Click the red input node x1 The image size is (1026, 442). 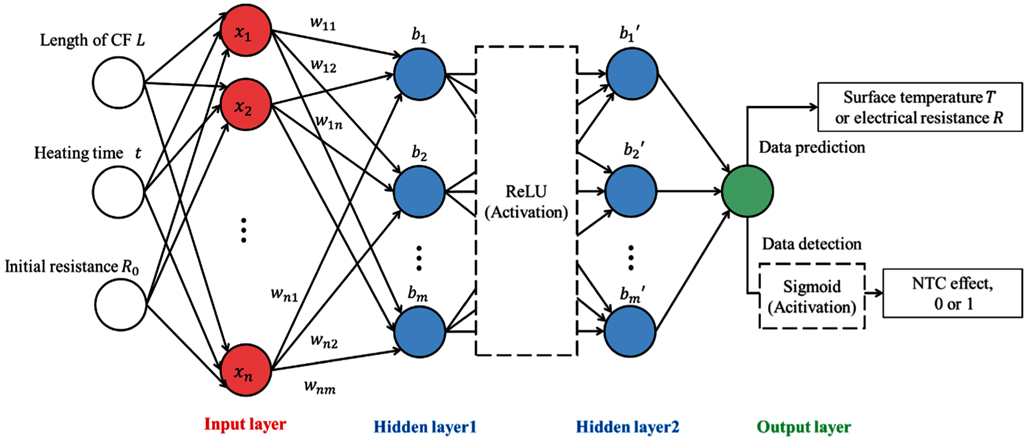pyautogui.click(x=245, y=31)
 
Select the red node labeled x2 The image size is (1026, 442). pyautogui.click(x=245, y=105)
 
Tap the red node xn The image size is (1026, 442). pyautogui.click(x=245, y=370)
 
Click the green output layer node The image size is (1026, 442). pyautogui.click(x=747, y=191)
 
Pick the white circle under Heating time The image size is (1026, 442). pyautogui.click(x=118, y=192)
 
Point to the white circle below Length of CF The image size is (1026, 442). pyautogui.click(x=118, y=83)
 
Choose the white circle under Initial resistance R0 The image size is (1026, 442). pyautogui.click(x=120, y=305)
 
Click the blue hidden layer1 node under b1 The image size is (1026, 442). pyautogui.click(x=419, y=74)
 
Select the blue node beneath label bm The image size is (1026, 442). pyautogui.click(x=419, y=332)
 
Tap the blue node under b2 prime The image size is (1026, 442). pyautogui.click(x=631, y=191)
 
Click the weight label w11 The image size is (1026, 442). pyautogui.click(x=323, y=23)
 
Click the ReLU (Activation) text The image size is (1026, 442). pyautogui.click(x=526, y=202)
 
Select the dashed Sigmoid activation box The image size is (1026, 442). pyautogui.click(x=812, y=297)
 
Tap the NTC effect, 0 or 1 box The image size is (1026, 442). pyautogui.click(x=952, y=293)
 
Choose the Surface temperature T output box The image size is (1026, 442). pyautogui.click(x=920, y=107)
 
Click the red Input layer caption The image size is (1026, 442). pyautogui.click(x=245, y=424)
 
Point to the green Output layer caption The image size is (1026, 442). pyautogui.click(x=803, y=427)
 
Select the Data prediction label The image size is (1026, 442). pyautogui.click(x=812, y=147)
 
